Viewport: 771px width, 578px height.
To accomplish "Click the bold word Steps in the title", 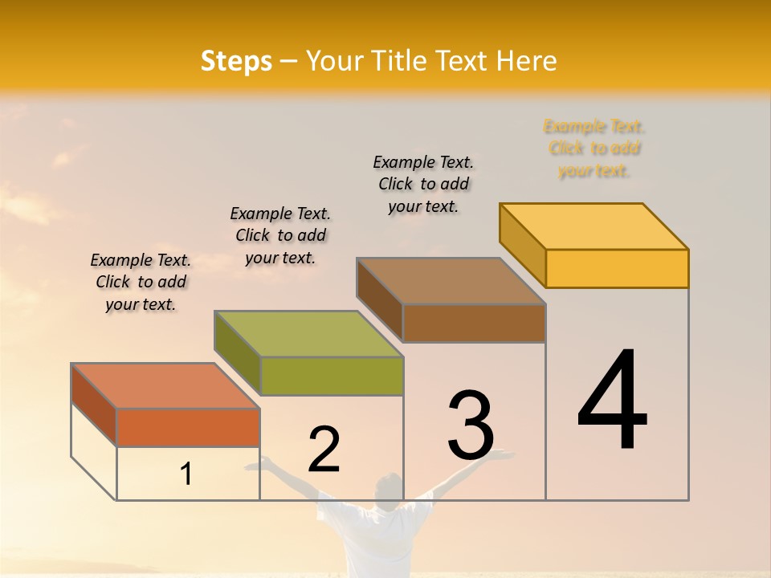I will pos(236,61).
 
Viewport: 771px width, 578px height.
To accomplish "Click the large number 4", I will pos(613,401).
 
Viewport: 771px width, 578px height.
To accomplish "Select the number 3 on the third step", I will pos(471,425).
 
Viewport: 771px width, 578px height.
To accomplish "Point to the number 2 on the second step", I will pos(324,449).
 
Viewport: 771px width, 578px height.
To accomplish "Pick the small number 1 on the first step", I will pos(186,474).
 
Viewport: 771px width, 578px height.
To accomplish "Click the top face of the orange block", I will pos(165,385).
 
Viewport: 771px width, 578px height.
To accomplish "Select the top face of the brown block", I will pos(451,281).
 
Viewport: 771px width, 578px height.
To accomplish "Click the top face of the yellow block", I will pos(594,226).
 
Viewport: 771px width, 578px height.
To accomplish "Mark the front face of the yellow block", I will pos(617,268).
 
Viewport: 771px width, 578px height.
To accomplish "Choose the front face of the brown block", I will pos(474,323).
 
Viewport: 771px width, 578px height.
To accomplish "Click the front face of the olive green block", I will pos(331,376).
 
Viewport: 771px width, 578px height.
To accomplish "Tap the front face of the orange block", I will pos(188,427).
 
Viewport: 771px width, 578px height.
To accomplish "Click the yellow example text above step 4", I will pos(594,149).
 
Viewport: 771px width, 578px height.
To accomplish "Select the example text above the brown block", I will pos(423,184).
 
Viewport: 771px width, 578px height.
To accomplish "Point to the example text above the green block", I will pos(280,235).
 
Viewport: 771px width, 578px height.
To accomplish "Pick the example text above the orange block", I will pos(141,282).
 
